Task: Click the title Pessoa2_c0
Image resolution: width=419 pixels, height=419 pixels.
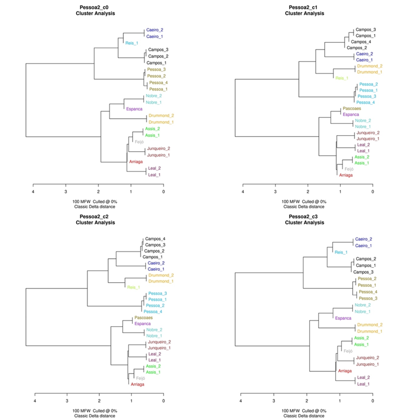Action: [95, 7]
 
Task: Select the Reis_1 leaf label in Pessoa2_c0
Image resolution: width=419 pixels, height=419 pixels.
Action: [132, 43]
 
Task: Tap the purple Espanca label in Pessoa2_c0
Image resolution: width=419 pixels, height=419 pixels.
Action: [134, 109]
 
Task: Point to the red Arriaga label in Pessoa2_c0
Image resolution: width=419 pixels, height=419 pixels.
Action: [136, 162]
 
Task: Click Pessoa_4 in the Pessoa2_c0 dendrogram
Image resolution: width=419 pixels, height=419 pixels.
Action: [158, 83]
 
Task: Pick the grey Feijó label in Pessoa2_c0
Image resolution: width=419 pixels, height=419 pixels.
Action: [139, 142]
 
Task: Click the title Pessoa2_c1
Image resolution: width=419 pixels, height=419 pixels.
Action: [304, 7]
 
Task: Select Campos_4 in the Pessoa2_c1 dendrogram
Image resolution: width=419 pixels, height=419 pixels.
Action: [358, 42]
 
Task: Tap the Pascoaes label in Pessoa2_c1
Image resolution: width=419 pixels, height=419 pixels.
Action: [352, 109]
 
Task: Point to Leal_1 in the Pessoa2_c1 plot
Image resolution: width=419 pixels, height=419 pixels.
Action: [363, 151]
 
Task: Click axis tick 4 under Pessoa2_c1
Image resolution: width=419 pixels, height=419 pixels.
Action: [243, 191]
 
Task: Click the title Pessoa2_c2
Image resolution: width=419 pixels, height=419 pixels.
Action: [95, 216]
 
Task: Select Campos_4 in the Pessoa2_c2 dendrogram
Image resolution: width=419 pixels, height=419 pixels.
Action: [155, 239]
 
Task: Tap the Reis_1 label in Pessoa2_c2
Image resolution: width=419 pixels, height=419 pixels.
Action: [134, 287]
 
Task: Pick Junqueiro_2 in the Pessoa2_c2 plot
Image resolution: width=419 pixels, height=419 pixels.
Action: [159, 342]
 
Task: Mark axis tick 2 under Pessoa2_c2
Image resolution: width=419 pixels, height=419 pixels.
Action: [99, 401]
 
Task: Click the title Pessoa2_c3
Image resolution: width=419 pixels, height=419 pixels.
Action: [304, 216]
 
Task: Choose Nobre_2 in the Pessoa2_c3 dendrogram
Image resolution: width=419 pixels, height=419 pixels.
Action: [363, 305]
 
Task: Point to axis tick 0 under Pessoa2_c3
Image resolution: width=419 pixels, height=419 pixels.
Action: [373, 401]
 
